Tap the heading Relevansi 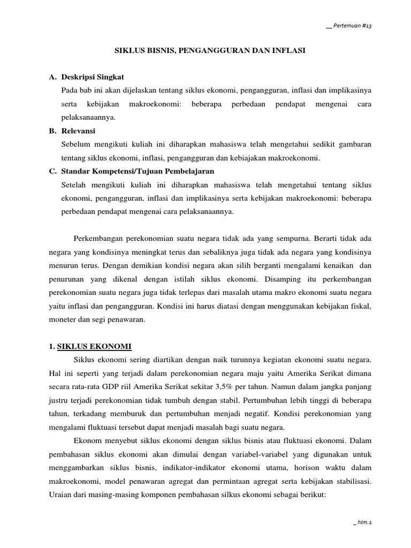(78, 131)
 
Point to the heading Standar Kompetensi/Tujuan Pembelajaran (138, 171)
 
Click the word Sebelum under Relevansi (77, 144)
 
